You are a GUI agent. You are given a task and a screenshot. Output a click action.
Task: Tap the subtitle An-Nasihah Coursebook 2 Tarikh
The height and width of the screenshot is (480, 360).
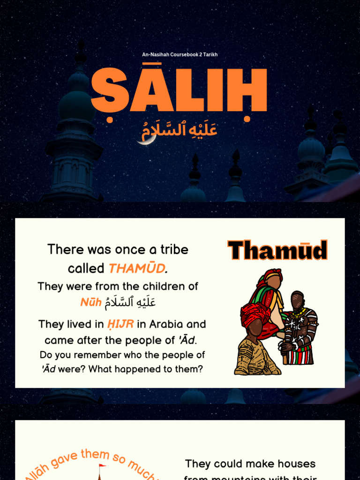coord(180,55)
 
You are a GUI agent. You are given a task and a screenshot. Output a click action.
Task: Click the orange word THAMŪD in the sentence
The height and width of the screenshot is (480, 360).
coord(136,269)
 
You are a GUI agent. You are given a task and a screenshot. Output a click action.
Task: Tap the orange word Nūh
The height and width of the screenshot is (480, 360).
coord(90,302)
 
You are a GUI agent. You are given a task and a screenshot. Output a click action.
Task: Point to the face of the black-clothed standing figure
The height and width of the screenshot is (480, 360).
coord(297,300)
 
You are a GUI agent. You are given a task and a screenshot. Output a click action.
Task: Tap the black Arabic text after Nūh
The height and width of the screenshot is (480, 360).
coord(130,302)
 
